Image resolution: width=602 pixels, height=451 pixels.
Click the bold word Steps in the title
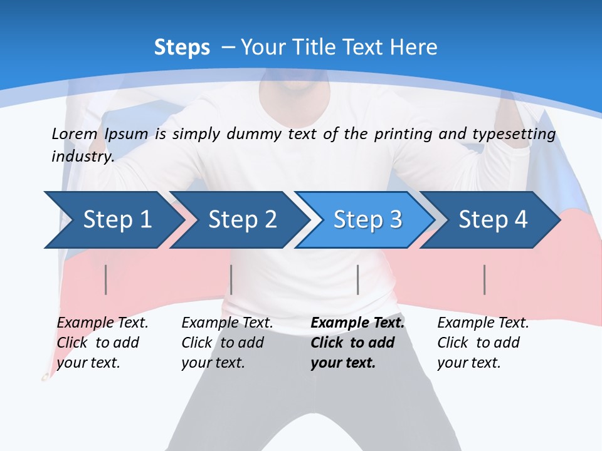tap(182, 48)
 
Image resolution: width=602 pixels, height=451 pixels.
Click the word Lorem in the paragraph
tap(74, 134)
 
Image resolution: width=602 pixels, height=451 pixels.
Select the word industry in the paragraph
tap(82, 157)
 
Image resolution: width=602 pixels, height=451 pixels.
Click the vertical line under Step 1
tap(106, 279)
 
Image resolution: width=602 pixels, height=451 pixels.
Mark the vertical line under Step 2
tap(231, 279)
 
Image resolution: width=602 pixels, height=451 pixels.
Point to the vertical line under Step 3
tap(357, 279)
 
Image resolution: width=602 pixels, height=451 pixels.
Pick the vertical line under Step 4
tap(485, 279)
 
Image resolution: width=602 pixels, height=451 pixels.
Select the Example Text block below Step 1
tap(102, 343)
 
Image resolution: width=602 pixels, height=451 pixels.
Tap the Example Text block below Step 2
tap(226, 343)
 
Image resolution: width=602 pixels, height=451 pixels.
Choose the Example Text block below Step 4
tap(482, 343)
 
